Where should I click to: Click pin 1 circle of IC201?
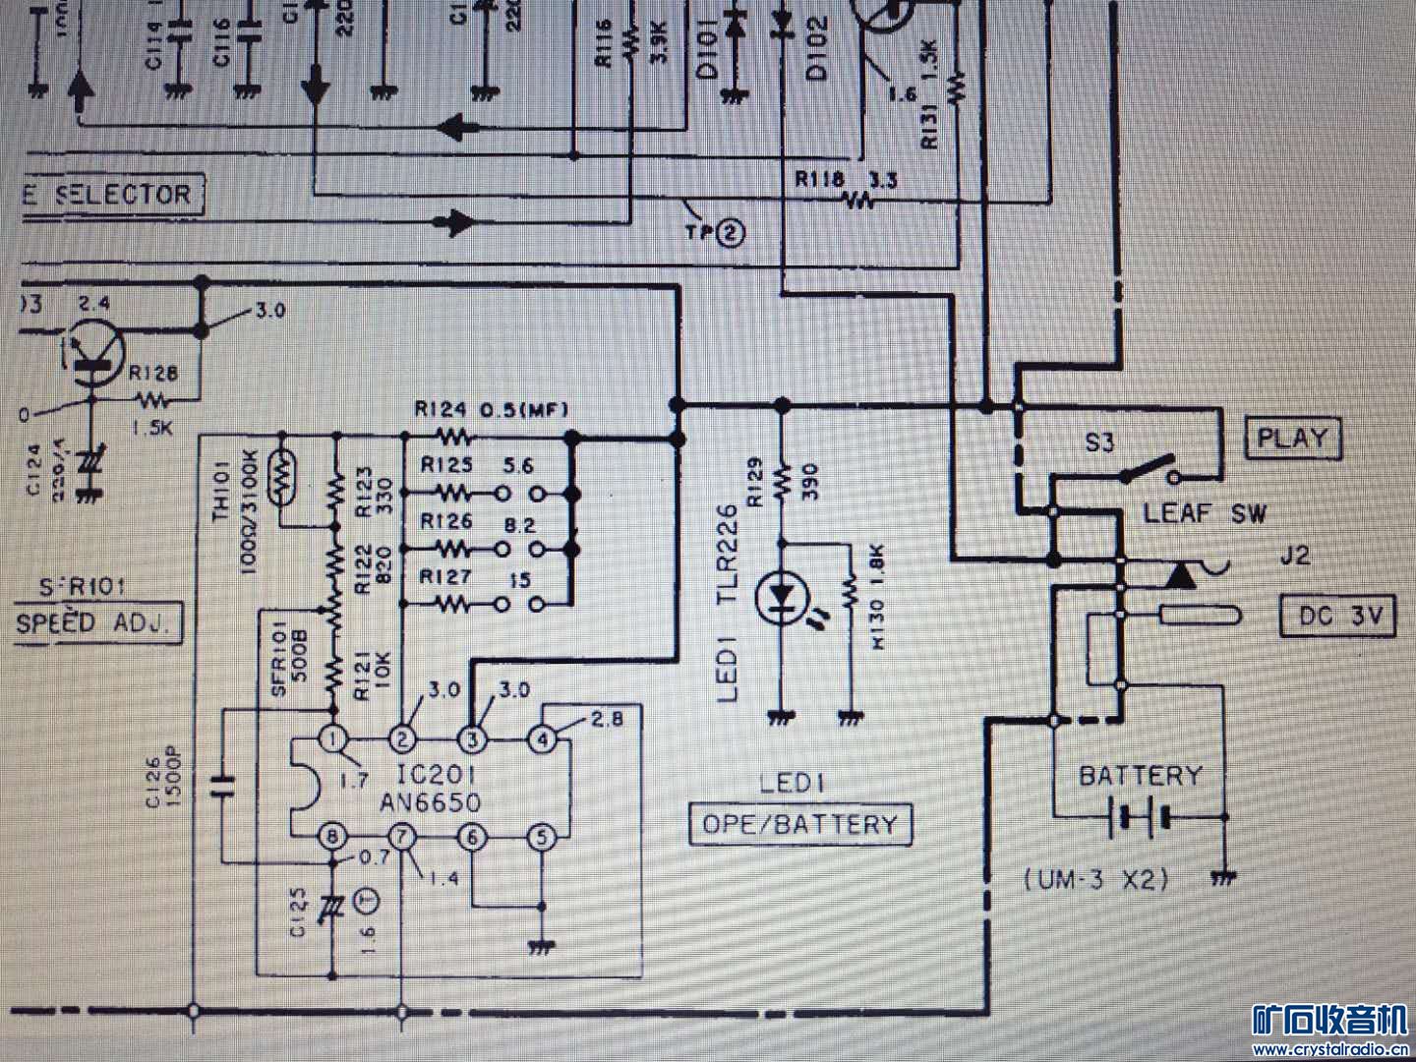click(335, 738)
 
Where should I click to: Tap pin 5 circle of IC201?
click(542, 838)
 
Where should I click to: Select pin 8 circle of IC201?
click(335, 838)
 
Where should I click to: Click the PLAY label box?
click(1293, 438)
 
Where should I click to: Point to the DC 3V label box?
click(1338, 617)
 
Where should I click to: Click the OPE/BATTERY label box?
click(799, 824)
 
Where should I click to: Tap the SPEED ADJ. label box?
click(98, 623)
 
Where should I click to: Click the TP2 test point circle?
click(731, 234)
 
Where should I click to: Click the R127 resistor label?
click(445, 577)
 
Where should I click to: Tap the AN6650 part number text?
click(431, 801)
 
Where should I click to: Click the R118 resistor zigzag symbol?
click(857, 202)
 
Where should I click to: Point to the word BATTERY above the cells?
click(1141, 776)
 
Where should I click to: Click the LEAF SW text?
click(1205, 512)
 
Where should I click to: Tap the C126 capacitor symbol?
click(223, 785)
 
